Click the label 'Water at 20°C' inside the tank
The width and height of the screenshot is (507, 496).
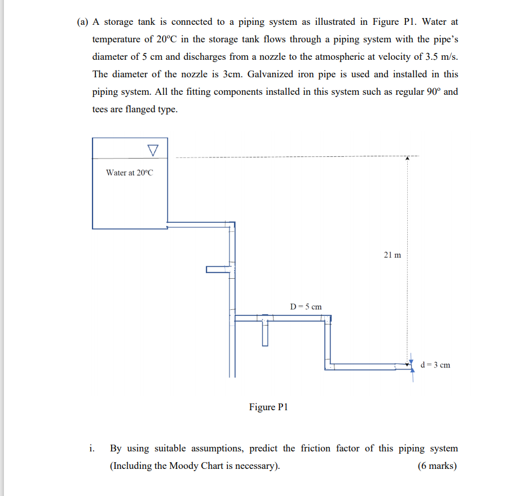coord(129,173)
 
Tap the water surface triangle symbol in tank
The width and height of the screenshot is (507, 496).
coord(152,150)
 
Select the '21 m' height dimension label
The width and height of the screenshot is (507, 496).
coord(393,254)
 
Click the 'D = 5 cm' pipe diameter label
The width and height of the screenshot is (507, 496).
coord(306,306)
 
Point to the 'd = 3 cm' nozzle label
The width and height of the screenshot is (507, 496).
coord(435,365)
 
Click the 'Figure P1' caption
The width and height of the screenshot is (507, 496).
coord(268,407)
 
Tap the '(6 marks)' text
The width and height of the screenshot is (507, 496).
coord(438,466)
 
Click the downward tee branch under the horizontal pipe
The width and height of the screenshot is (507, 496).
coord(265,333)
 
